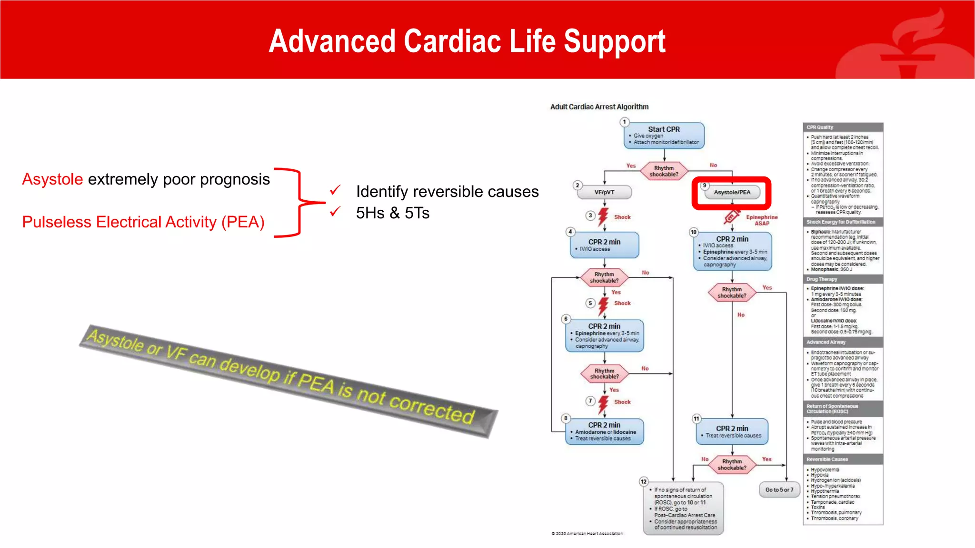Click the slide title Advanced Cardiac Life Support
point(467,41)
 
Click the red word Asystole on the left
point(52,179)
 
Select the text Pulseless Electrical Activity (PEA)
point(143,222)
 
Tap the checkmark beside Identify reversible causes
point(335,190)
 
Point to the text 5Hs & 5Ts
point(392,213)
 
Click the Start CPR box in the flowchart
point(664,136)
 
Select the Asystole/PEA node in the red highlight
point(732,192)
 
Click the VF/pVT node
point(604,192)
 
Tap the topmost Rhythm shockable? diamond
point(664,171)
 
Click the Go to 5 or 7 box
point(779,489)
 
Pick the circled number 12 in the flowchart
point(644,481)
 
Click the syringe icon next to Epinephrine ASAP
point(731,217)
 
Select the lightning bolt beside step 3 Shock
point(603,216)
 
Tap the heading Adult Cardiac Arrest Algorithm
point(599,107)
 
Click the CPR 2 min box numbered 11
point(732,431)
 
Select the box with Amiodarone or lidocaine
point(604,431)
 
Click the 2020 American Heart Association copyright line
point(587,533)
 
